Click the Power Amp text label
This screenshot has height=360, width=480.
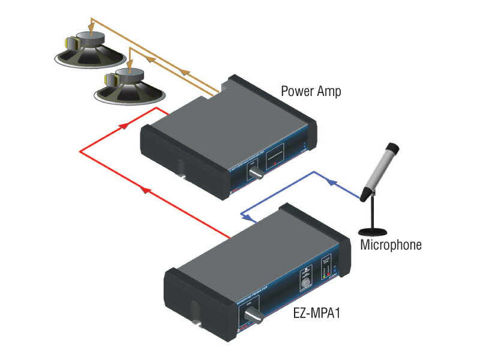tap(311, 91)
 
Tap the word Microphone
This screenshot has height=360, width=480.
tap(391, 245)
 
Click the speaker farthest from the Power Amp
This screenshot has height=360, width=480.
tap(90, 51)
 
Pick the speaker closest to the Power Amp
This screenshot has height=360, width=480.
tap(127, 85)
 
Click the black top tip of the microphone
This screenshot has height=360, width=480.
tap(392, 146)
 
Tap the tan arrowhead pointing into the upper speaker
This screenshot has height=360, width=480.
tap(90, 25)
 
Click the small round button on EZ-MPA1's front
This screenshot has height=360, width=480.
tap(307, 282)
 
